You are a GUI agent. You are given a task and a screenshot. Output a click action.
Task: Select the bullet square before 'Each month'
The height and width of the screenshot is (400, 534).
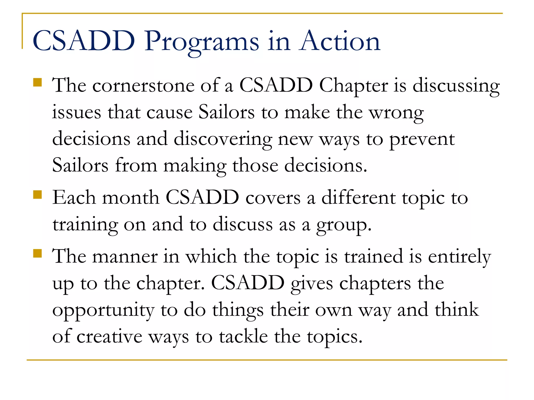tap(38, 195)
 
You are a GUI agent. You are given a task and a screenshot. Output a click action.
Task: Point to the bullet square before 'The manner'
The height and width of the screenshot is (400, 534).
tap(38, 253)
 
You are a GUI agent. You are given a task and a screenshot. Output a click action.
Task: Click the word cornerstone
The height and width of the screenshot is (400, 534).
tap(143, 86)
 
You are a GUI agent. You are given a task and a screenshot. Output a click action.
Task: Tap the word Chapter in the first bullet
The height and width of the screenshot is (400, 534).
tap(354, 86)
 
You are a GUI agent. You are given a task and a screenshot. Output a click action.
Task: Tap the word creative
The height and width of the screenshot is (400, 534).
tap(109, 337)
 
